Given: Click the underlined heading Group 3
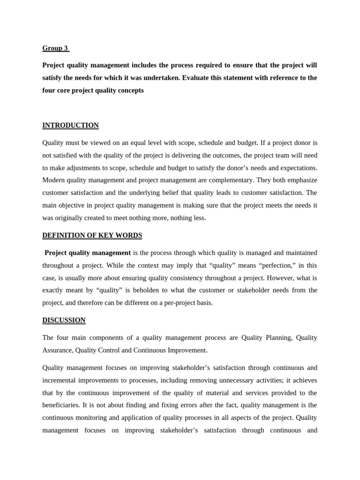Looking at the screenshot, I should [55, 48].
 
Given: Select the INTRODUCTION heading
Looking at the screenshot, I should [70, 125].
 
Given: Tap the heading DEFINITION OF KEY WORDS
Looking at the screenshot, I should [92, 235].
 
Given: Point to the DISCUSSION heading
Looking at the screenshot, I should [64, 320].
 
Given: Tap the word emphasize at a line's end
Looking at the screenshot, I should [300, 180].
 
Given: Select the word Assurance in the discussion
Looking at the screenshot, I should [57, 350].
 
